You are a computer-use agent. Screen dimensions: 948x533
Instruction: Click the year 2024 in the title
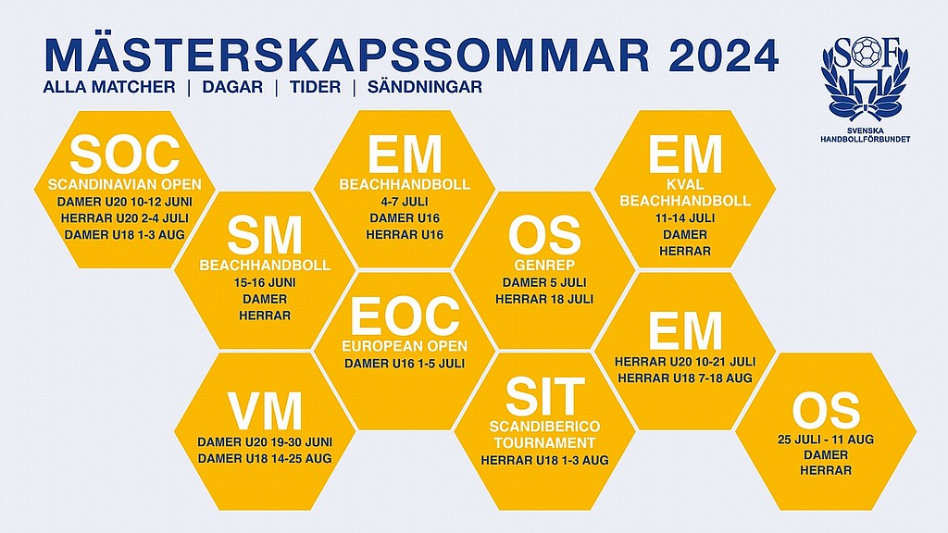click(724, 56)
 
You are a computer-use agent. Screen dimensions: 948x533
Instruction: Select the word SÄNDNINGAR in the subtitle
click(425, 87)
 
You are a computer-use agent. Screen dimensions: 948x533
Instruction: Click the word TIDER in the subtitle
click(315, 87)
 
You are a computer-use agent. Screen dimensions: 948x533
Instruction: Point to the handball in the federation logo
click(866, 52)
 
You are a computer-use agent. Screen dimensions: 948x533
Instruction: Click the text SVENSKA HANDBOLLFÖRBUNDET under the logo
click(866, 135)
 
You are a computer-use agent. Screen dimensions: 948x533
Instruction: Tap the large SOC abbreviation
click(125, 155)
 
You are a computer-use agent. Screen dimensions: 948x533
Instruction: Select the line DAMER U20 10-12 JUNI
click(125, 202)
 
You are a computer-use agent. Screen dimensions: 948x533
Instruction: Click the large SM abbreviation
click(264, 236)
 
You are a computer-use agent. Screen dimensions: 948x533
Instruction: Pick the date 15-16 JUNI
click(264, 282)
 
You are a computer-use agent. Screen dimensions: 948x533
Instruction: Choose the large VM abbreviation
click(265, 411)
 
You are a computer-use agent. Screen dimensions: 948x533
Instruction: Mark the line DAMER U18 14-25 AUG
click(265, 459)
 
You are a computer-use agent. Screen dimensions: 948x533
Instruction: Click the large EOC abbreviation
click(405, 316)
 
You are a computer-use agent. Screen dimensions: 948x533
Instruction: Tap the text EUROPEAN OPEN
click(405, 346)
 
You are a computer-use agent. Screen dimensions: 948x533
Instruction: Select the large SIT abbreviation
click(544, 396)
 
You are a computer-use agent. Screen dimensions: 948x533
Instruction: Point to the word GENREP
click(544, 266)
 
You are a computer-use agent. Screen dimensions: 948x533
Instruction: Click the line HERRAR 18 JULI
click(544, 299)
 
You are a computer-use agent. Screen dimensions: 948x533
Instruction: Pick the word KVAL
click(685, 185)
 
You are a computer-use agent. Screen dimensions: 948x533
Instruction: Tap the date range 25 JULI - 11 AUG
click(825, 440)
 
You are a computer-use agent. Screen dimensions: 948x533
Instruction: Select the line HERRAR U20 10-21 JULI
click(685, 362)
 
